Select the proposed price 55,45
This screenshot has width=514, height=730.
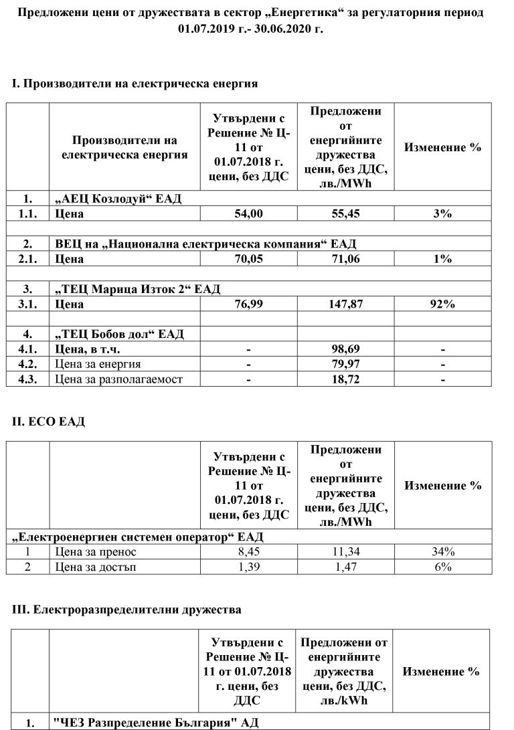[345, 213]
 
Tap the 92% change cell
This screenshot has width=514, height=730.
[443, 304]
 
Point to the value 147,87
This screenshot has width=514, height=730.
[345, 304]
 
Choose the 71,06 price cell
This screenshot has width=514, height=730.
[345, 259]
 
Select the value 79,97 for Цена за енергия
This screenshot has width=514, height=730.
[345, 365]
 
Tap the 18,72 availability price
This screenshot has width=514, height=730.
[345, 379]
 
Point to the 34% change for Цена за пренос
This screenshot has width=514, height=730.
[443, 552]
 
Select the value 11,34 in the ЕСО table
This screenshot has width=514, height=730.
[345, 552]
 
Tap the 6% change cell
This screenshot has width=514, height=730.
[443, 567]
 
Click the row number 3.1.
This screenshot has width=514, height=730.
[28, 304]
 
